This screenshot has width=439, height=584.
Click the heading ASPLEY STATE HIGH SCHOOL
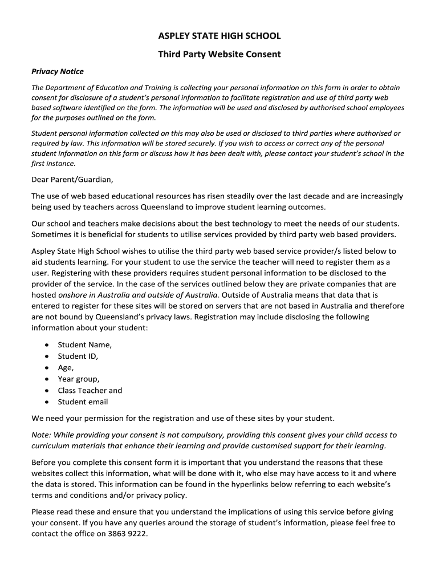[x=219, y=36]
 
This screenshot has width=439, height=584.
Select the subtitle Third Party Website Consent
[x=219, y=55]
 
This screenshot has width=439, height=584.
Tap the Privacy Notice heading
[x=58, y=71]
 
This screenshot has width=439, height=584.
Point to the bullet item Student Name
[x=84, y=345]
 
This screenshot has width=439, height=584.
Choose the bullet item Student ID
[x=78, y=356]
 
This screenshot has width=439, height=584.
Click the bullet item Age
[x=66, y=368]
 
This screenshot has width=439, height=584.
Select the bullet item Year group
[x=78, y=379]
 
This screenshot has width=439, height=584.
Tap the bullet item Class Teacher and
[x=90, y=391]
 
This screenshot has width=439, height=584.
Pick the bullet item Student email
[x=83, y=402]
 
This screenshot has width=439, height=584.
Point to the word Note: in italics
[x=42, y=435]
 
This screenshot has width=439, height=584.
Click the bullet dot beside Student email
[x=46, y=402]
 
